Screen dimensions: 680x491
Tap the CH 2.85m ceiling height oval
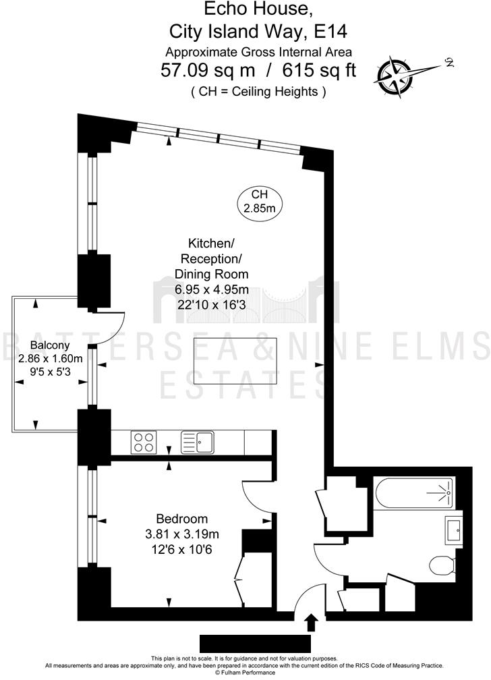pos(260,201)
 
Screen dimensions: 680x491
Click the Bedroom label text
pos(181,519)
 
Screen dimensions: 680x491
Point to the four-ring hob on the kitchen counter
pos(144,443)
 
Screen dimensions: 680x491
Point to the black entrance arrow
pos(311,621)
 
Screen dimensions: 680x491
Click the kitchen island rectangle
pos(235,361)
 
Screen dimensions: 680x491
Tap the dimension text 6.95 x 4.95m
pos(211,289)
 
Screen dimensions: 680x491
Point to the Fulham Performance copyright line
pos(246,672)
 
